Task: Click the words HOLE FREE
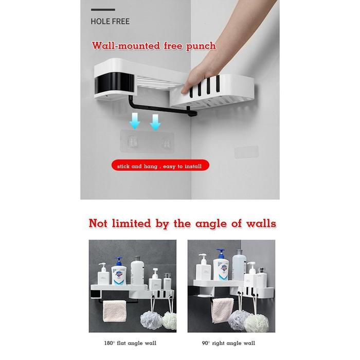click(x=110, y=22)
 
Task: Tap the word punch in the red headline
click(x=201, y=46)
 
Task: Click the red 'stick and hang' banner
click(x=160, y=165)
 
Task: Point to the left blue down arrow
click(x=135, y=121)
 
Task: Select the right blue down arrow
click(x=155, y=122)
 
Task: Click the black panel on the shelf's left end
click(x=114, y=82)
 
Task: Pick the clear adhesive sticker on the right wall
click(x=246, y=152)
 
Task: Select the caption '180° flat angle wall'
click(x=130, y=343)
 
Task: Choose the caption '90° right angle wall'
click(x=228, y=343)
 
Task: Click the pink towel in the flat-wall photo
click(x=114, y=311)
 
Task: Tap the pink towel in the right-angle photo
click(x=222, y=310)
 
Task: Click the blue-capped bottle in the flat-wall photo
click(x=119, y=272)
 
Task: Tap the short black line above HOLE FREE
click(x=103, y=10)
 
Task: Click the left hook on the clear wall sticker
click(x=133, y=141)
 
